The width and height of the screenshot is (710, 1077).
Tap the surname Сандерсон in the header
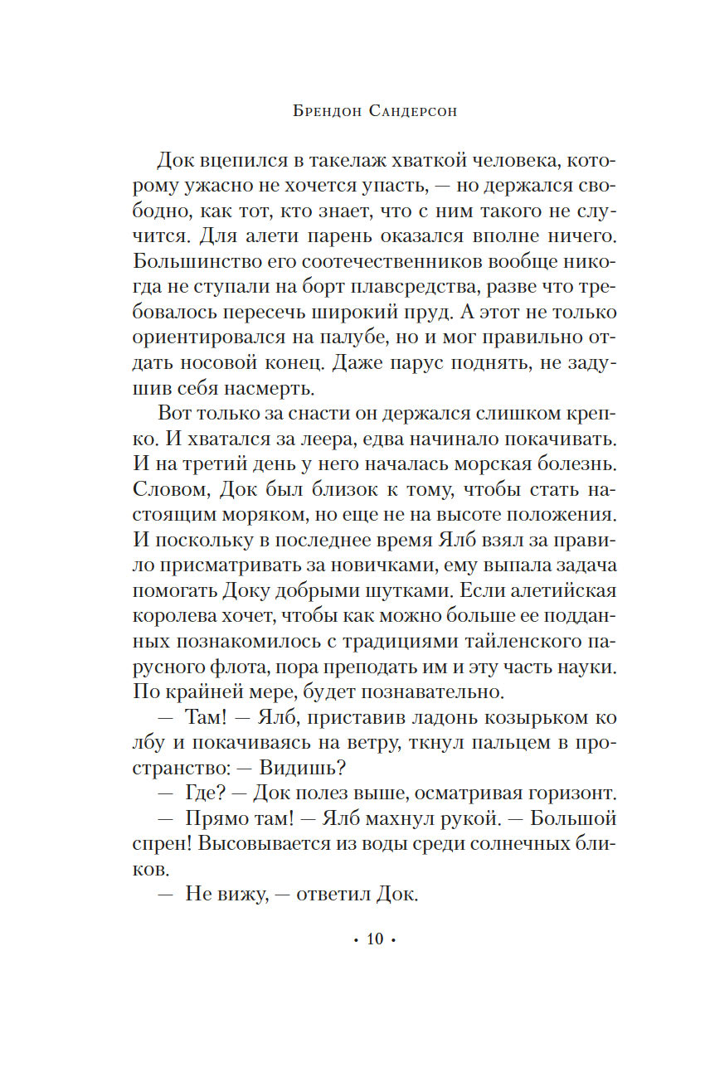(x=410, y=113)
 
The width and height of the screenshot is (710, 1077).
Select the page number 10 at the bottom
(x=374, y=939)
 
